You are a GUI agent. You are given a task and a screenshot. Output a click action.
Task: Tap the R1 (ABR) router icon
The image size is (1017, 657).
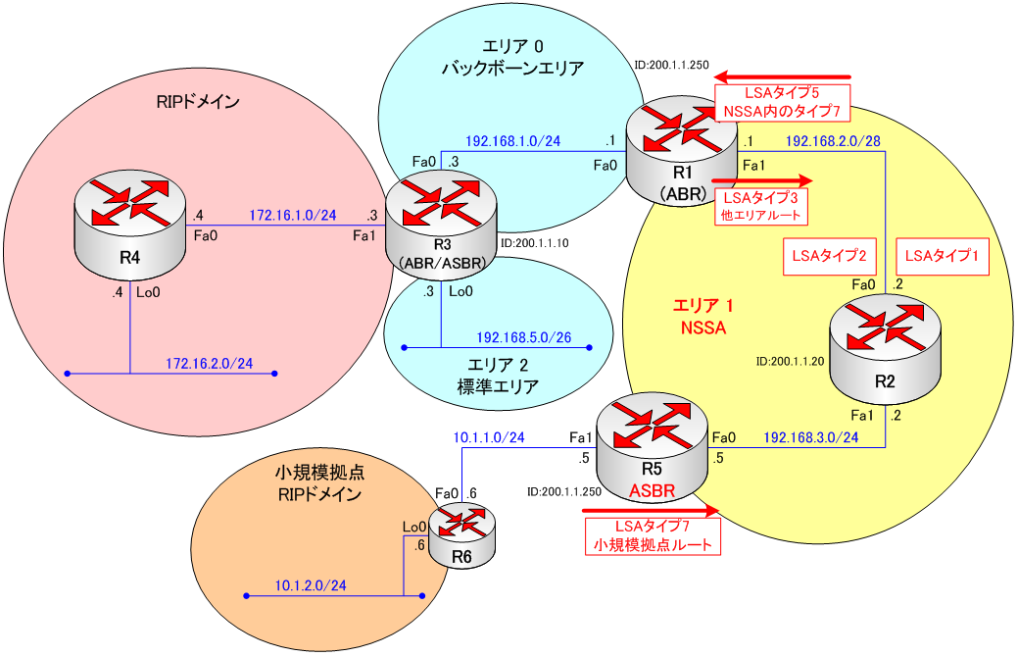(683, 151)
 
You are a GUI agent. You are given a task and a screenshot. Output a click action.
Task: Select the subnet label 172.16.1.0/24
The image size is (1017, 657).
(293, 214)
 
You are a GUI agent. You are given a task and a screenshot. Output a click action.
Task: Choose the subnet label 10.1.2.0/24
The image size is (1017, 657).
(309, 585)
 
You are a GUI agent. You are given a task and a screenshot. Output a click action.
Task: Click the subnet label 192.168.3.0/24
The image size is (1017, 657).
(810, 436)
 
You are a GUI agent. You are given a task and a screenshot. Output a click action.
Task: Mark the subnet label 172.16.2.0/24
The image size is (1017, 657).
(210, 364)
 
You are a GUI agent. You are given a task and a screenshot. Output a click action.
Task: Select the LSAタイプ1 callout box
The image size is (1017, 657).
(942, 257)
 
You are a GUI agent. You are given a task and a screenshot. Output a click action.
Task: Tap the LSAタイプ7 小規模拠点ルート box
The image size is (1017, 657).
(652, 534)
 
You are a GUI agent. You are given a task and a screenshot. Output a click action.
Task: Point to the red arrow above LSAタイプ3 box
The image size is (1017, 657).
(762, 181)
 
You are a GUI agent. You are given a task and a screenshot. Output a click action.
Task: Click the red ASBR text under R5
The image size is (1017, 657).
(654, 489)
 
